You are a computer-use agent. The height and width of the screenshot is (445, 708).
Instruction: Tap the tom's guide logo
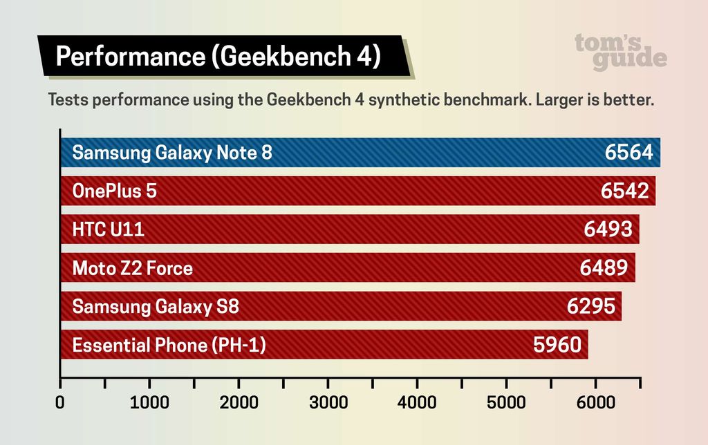click(620, 52)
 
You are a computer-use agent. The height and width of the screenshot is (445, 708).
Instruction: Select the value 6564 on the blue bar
click(628, 153)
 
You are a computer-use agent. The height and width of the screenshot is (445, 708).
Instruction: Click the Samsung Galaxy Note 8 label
click(172, 153)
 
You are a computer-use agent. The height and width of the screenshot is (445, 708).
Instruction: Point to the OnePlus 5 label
click(115, 191)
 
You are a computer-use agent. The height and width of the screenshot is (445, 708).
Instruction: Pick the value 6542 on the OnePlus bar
click(625, 191)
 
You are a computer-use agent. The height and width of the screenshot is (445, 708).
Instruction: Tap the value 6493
click(608, 229)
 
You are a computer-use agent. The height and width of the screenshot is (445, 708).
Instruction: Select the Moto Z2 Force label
click(133, 268)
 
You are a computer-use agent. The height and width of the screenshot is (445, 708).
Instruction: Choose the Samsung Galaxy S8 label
click(156, 306)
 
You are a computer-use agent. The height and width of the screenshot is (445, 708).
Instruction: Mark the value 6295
click(590, 306)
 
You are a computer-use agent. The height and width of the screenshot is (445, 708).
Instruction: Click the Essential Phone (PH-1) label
click(169, 345)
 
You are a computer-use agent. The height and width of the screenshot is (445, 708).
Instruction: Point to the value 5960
click(557, 345)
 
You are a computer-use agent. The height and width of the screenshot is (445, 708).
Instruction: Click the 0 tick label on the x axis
click(61, 403)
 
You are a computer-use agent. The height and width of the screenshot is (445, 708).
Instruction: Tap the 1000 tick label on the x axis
click(149, 403)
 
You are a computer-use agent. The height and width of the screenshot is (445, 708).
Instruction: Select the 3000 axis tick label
click(328, 403)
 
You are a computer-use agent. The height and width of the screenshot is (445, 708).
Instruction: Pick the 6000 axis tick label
click(596, 403)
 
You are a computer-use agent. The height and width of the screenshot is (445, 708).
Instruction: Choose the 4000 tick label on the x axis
click(417, 403)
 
